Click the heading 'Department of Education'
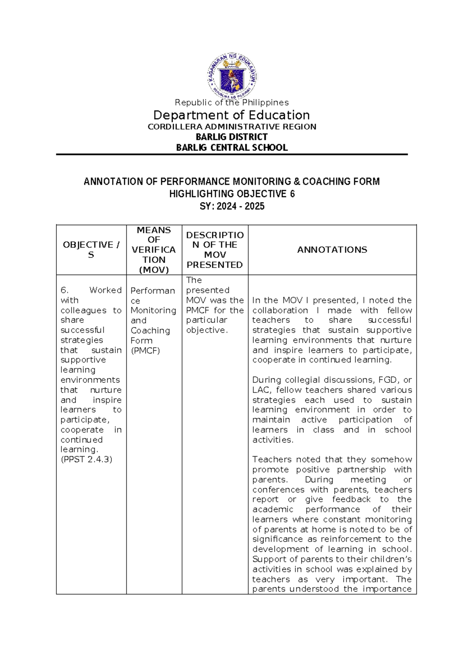click(232, 115)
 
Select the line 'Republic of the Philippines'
click(232, 103)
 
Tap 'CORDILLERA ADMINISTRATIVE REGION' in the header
click(232, 127)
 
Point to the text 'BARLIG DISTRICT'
click(232, 137)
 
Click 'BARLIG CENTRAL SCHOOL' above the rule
click(232, 148)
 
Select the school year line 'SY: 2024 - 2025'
click(232, 206)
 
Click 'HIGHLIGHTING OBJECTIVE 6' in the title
click(232, 194)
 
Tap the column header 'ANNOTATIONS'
click(332, 250)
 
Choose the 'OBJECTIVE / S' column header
click(91, 250)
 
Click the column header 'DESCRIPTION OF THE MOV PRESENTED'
click(215, 250)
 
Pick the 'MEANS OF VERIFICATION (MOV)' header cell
click(154, 250)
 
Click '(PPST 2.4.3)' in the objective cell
click(86, 460)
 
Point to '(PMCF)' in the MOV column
click(145, 351)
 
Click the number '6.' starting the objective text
click(65, 290)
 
